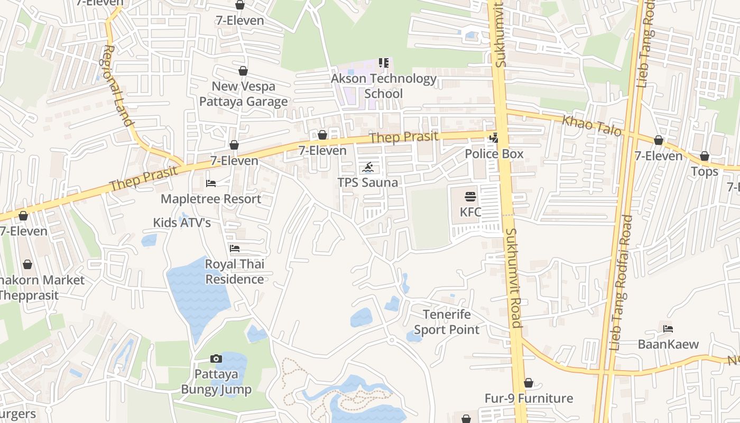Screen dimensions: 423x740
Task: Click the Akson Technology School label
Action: (384, 86)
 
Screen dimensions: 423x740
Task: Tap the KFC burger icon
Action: (470, 197)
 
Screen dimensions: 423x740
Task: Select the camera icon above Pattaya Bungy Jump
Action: (216, 359)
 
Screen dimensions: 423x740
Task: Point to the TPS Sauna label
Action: (368, 182)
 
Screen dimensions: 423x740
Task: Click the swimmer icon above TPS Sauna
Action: (368, 168)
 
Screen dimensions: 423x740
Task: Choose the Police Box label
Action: (494, 154)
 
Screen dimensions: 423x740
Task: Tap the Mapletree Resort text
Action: (211, 199)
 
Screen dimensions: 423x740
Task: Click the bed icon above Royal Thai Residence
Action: (235, 248)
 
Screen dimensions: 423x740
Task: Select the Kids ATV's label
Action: (182, 223)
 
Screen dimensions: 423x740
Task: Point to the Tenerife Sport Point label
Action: (447, 322)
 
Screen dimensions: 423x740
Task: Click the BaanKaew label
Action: (668, 345)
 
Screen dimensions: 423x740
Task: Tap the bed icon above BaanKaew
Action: (668, 329)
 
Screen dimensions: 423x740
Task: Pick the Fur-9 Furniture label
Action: (529, 398)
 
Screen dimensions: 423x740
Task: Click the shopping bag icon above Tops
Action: (705, 157)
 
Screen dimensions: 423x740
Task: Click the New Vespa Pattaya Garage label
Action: (244, 94)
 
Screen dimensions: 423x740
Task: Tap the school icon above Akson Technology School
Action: (384, 63)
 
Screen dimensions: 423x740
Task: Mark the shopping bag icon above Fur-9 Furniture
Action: (529, 383)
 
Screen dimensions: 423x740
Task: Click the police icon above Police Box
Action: (494, 139)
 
